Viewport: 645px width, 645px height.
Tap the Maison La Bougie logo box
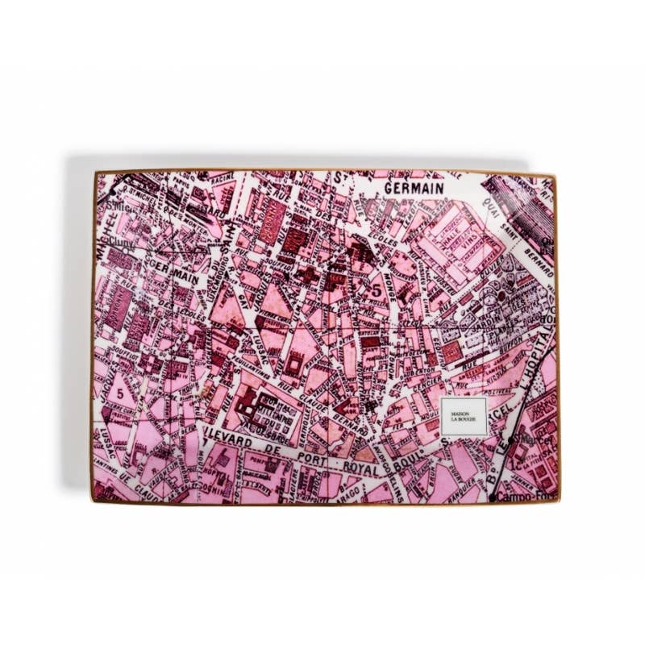464,417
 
